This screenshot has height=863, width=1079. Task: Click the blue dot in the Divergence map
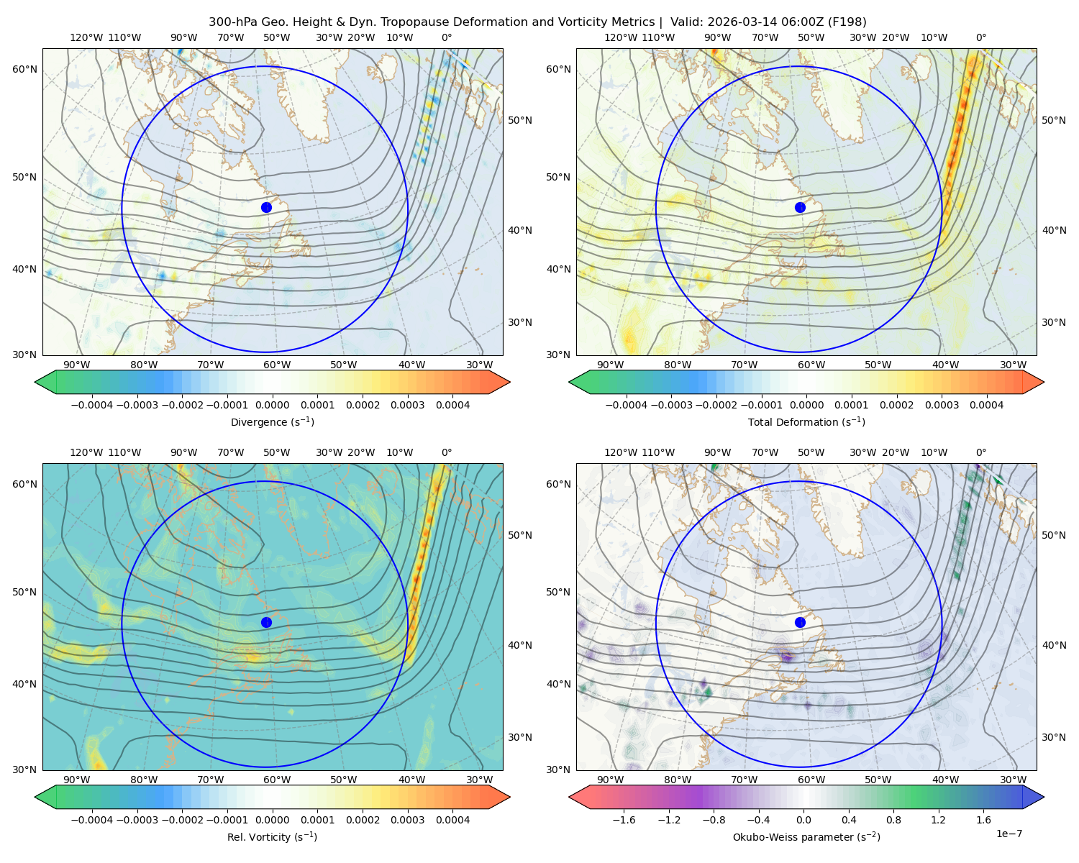266,207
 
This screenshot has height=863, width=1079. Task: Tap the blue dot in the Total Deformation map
800,207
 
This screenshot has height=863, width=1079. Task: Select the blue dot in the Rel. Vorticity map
266,622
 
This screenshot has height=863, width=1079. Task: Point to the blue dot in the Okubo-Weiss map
800,622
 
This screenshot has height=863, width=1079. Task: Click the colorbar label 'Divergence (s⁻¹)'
272,421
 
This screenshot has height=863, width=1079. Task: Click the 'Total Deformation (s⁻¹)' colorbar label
806,421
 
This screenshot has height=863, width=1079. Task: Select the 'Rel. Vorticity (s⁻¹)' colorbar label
272,836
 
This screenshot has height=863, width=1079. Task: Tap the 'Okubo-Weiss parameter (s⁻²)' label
806,836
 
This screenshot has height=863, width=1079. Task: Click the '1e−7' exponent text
1009,834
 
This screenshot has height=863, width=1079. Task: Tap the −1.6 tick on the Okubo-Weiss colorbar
623,819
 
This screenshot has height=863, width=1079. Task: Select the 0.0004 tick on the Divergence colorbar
452,405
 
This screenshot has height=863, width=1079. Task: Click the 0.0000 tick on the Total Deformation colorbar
806,405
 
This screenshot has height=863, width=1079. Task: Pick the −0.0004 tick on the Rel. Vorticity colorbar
92,819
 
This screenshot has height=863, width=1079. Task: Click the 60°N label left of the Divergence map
24,69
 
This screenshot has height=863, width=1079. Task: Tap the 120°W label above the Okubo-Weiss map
620,452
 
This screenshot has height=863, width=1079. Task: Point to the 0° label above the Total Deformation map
980,37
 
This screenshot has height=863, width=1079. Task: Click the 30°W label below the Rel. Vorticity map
479,780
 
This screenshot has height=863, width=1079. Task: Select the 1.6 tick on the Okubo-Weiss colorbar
983,819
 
